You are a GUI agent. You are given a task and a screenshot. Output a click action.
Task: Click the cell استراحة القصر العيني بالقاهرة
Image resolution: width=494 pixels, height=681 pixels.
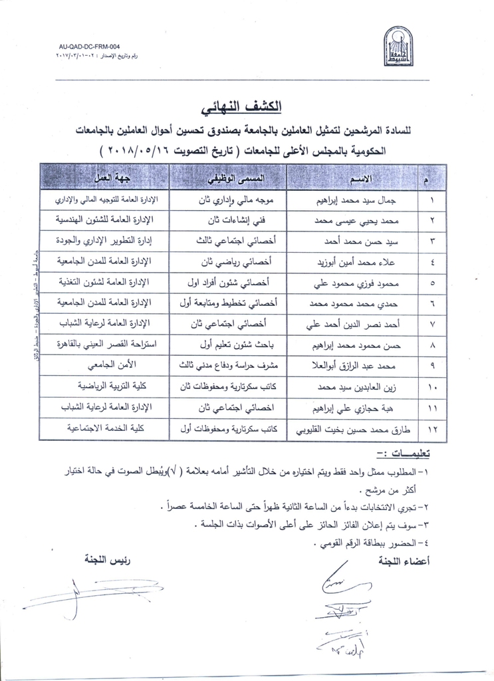pos(98,346)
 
